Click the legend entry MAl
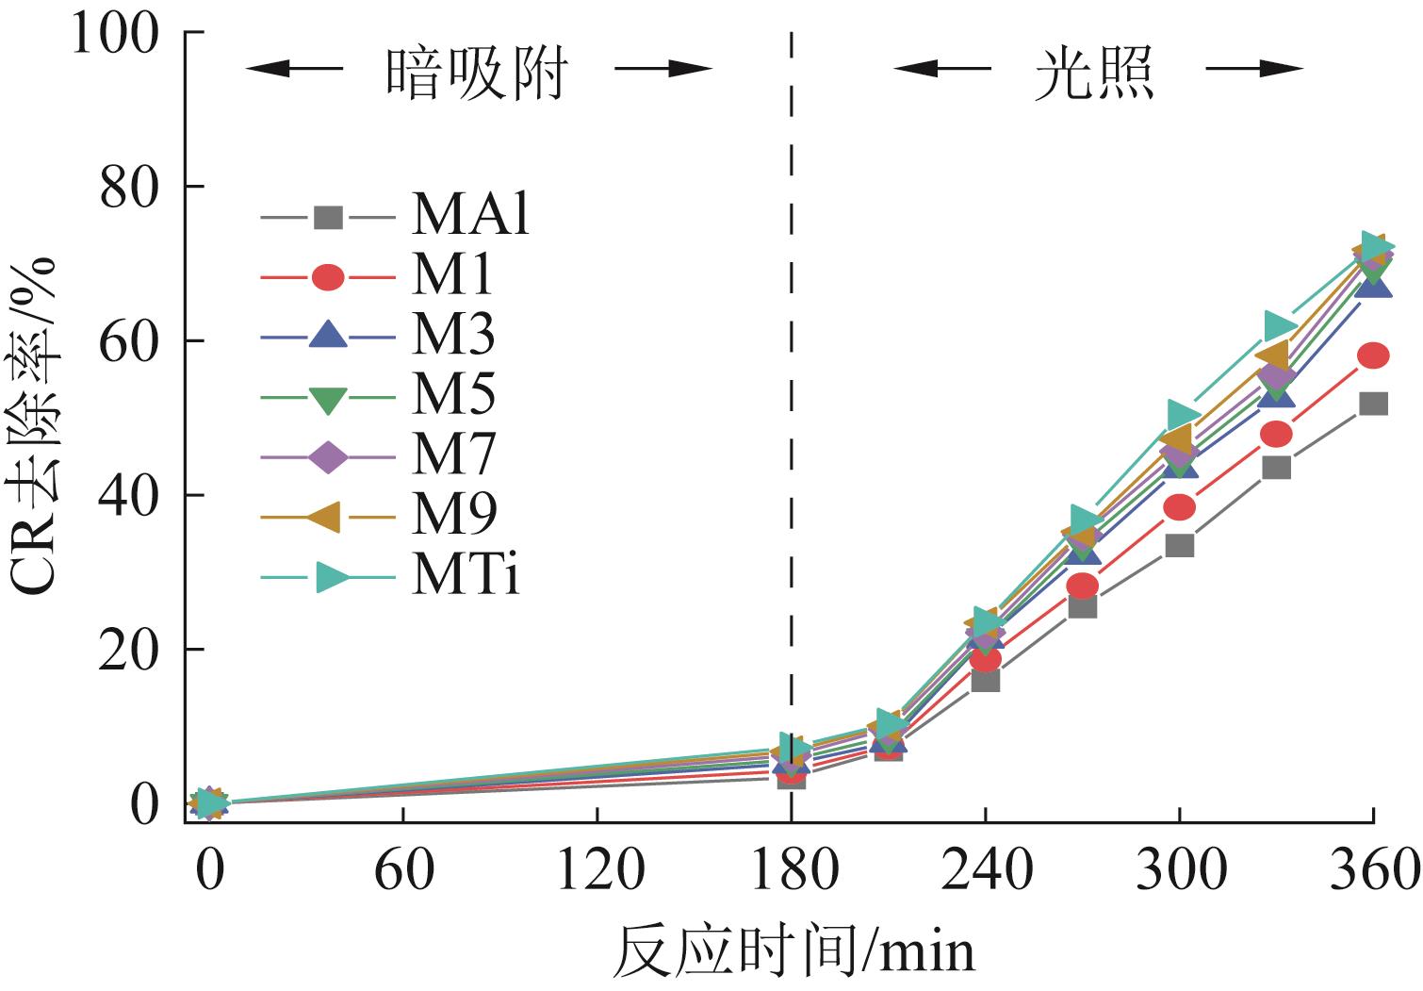(x=469, y=216)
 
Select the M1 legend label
(x=452, y=276)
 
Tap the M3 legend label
(x=452, y=336)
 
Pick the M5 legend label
(x=452, y=395)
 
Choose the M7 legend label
(x=452, y=455)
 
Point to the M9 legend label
(x=452, y=515)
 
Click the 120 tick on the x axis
(x=598, y=869)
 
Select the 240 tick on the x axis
(x=986, y=869)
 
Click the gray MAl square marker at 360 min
(x=1373, y=404)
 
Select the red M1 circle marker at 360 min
(x=1373, y=355)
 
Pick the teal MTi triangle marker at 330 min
(x=1278, y=326)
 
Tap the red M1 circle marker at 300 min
(x=1180, y=507)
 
